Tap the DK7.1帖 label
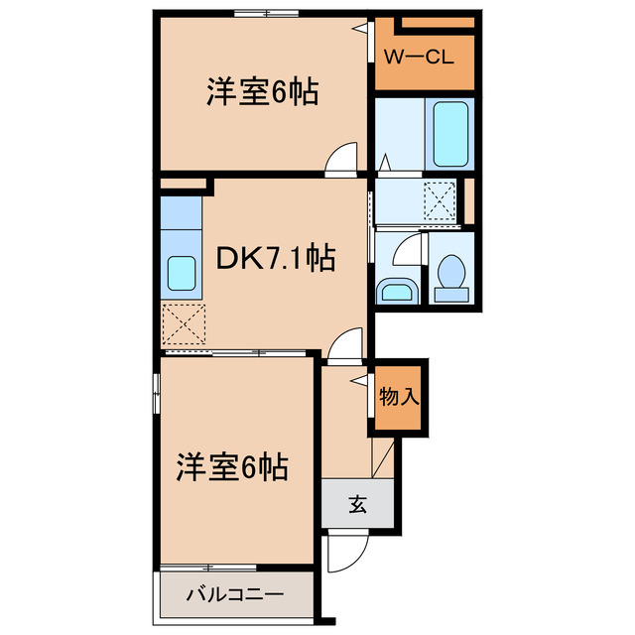[x=275, y=260]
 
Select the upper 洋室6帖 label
[x=262, y=93]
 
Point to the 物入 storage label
[x=400, y=397]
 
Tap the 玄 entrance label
[x=357, y=504]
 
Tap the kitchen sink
[x=181, y=270]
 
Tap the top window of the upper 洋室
[x=266, y=12]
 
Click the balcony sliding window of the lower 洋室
[x=208, y=567]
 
